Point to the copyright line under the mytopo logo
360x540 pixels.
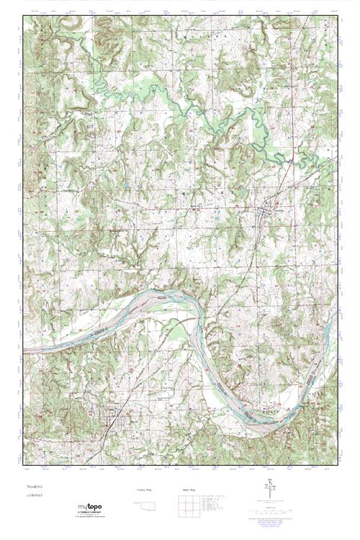(89, 518)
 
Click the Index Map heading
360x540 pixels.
(189, 489)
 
